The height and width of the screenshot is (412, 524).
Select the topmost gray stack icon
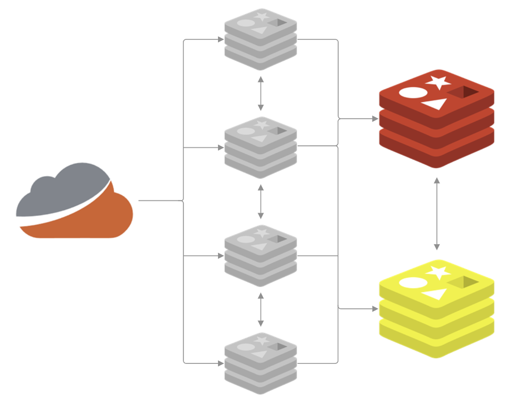[x=260, y=39]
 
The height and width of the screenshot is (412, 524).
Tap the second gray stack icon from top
[x=260, y=147]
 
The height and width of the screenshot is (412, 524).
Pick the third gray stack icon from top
[x=260, y=256]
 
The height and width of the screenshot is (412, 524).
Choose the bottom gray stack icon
[x=260, y=363]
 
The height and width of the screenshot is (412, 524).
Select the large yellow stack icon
[x=436, y=310]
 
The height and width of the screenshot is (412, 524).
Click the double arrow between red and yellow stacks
[x=436, y=214]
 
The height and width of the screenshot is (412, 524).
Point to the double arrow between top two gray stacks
[x=260, y=93]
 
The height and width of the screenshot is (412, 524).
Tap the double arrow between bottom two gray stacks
[x=260, y=310]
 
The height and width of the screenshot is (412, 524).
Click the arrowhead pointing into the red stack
[x=375, y=119]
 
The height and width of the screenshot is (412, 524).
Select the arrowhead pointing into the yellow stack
[x=375, y=309]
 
